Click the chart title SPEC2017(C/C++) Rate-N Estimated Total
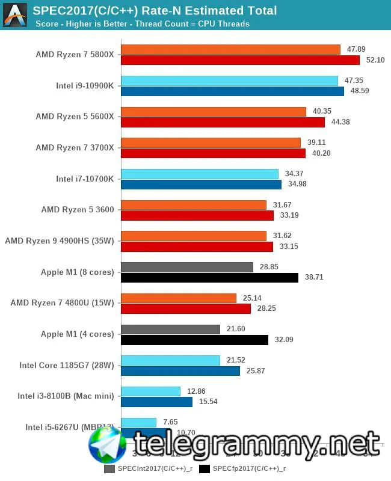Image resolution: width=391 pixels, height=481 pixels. click(155, 10)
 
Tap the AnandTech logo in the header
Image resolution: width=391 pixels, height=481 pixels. click(15, 15)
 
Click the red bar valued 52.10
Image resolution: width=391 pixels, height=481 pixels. click(240, 60)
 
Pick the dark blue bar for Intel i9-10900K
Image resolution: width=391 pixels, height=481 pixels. click(232, 91)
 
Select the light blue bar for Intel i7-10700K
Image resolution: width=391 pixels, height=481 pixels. click(200, 174)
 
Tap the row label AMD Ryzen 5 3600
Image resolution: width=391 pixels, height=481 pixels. click(78, 209)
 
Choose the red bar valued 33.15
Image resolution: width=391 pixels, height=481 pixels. click(197, 247)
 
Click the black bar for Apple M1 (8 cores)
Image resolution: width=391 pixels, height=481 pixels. click(209, 278)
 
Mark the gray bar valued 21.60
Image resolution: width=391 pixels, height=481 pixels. click(170, 329)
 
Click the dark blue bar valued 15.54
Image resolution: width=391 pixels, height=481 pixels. click(156, 402)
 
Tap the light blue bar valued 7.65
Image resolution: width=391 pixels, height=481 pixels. click(138, 423)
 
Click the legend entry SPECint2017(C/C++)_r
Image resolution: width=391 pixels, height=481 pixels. click(148, 468)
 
